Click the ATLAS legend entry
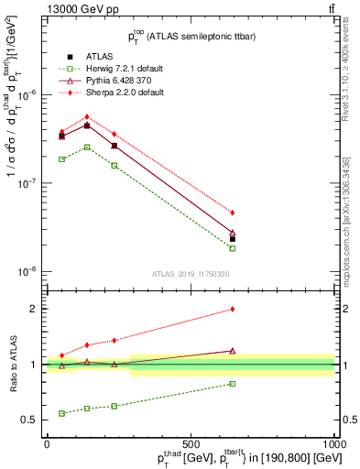[x=87, y=56]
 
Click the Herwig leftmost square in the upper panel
[x=61, y=159]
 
